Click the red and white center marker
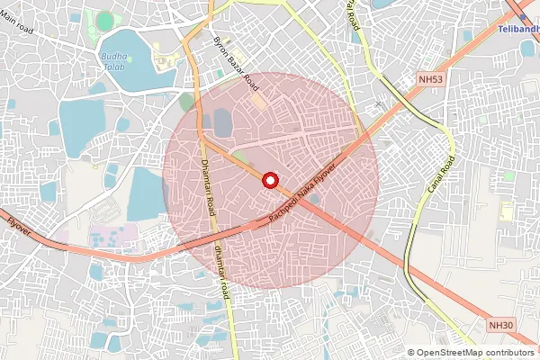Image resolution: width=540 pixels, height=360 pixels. [269, 180]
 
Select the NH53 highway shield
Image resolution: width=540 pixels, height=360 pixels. [430, 80]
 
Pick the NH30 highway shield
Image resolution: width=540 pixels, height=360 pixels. [500, 324]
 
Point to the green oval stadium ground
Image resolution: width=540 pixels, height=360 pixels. [105, 20]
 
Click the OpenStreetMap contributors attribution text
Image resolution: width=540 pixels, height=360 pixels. [475, 353]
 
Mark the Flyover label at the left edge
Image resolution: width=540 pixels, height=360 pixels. [18, 226]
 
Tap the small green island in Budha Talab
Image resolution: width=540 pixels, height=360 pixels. [130, 58]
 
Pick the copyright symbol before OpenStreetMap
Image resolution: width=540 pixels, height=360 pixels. [411, 353]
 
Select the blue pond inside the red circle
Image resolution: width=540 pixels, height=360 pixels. [221, 121]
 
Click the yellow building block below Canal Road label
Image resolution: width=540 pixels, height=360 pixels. [507, 212]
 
